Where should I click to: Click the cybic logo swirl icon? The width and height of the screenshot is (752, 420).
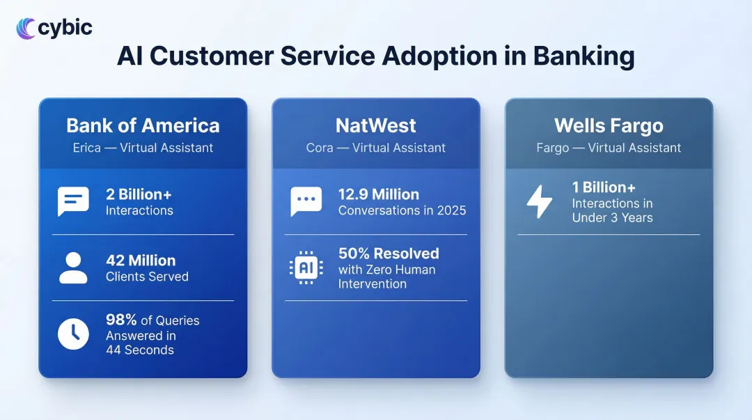(26, 28)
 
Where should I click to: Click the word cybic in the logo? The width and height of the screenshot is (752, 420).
(65, 28)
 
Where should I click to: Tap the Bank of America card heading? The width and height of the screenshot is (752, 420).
(143, 125)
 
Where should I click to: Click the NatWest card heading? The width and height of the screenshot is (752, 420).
(375, 125)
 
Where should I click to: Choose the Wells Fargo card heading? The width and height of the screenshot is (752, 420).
(609, 125)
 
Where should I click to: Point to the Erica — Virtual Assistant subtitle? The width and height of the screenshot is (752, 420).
(143, 148)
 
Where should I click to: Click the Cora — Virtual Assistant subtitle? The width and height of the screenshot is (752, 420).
(375, 148)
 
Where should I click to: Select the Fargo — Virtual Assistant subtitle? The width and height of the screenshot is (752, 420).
(609, 148)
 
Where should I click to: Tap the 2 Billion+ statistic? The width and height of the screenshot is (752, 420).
(139, 194)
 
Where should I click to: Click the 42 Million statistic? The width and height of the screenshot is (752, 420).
(141, 260)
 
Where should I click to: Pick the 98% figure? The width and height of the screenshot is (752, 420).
(121, 320)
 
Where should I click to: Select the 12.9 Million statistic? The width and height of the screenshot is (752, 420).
(379, 194)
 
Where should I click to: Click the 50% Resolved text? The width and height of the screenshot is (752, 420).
(389, 254)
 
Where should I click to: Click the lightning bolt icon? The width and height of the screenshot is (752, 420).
(540, 203)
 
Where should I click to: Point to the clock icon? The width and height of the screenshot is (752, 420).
(73, 334)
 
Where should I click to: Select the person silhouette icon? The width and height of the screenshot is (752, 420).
(73, 268)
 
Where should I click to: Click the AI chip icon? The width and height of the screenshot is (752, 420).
(306, 267)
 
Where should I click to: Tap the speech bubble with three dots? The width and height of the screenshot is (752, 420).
(306, 201)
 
